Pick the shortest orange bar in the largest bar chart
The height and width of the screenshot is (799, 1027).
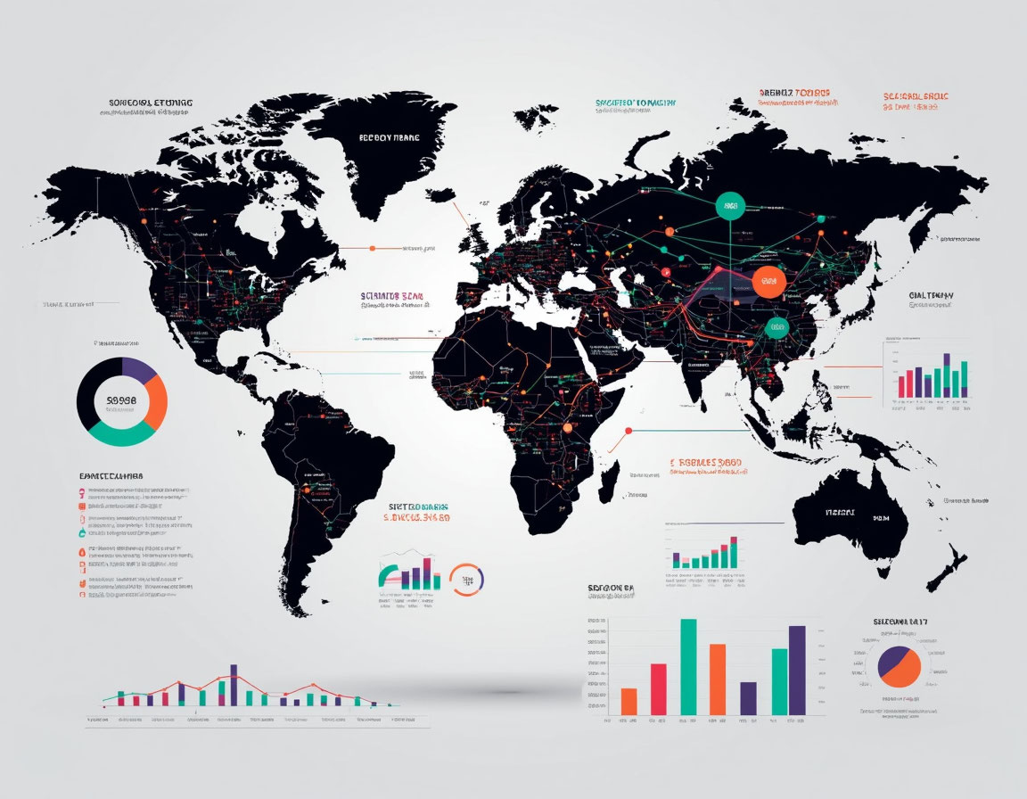pyautogui.click(x=629, y=701)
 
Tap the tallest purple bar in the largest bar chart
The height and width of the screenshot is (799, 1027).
pyautogui.click(x=797, y=670)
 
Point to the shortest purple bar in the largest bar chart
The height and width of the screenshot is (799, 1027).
pyautogui.click(x=749, y=698)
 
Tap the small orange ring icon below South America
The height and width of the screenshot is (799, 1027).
pyautogui.click(x=466, y=580)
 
